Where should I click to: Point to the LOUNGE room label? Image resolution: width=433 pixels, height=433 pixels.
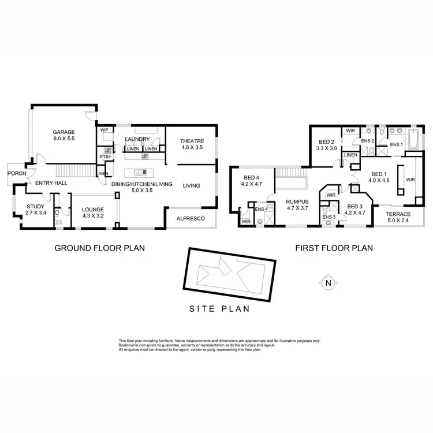(93, 210)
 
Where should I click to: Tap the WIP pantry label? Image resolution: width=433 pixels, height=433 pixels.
(104, 130)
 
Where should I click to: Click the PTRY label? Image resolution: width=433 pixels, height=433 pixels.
(104, 156)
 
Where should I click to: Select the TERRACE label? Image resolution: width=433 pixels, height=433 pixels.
(398, 214)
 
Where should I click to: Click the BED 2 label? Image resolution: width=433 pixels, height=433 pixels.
(327, 142)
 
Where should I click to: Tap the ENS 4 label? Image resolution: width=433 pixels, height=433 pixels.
(261, 209)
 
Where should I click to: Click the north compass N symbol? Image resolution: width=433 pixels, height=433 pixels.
(328, 283)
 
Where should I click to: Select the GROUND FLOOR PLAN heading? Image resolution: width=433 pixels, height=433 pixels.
(99, 248)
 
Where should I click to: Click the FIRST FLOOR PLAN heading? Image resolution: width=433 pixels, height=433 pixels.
(334, 248)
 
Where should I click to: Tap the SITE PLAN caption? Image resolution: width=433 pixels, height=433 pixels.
(220, 308)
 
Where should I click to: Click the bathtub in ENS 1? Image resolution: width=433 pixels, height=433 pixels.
(415, 140)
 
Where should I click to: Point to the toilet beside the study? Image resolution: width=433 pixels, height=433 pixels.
(58, 219)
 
